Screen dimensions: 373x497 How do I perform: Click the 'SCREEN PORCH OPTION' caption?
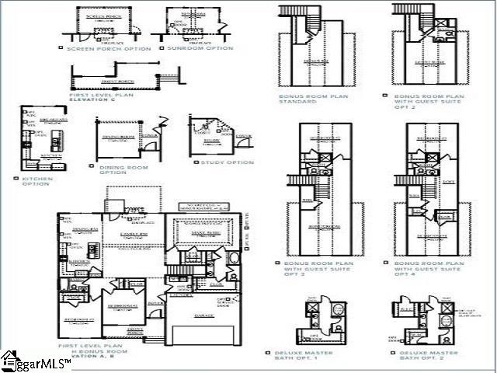[x=108, y=48]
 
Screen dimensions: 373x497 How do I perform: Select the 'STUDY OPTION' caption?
[x=227, y=162]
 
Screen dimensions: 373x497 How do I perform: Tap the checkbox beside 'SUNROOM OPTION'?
[x=162, y=48]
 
